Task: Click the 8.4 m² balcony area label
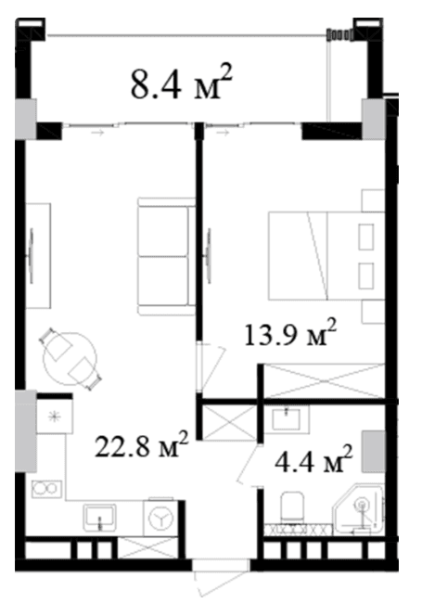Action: (182, 83)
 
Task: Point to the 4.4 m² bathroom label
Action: (313, 459)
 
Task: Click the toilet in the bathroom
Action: (292, 507)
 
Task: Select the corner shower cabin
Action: (358, 509)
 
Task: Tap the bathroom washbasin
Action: (287, 418)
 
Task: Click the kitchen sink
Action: (99, 518)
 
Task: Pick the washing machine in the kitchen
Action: (160, 518)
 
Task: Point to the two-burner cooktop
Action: (46, 489)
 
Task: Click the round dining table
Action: (70, 359)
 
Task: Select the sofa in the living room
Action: (167, 257)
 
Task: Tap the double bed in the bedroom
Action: (326, 255)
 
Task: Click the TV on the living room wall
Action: (30, 256)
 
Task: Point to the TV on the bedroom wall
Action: (209, 256)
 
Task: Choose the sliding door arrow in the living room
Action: (97, 133)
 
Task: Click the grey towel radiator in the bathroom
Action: (373, 452)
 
